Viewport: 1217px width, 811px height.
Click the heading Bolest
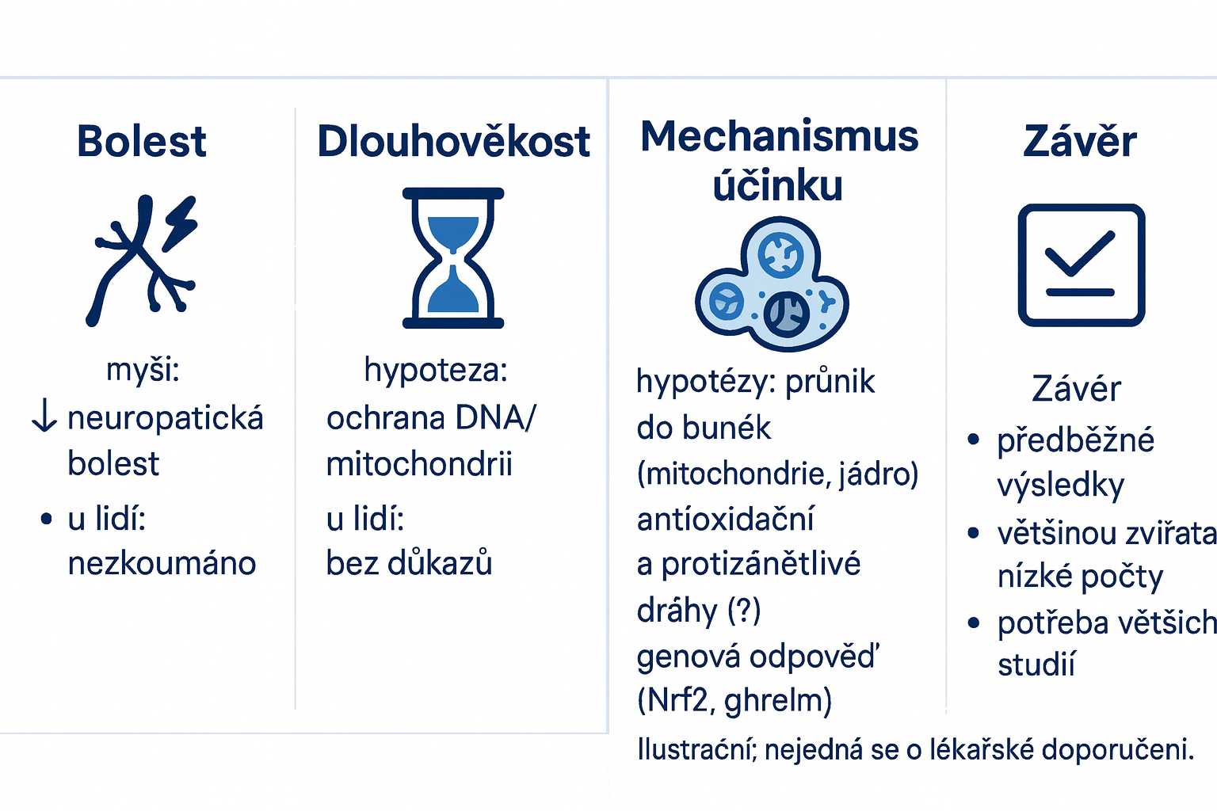[x=141, y=141]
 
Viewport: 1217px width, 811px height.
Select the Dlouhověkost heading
[x=453, y=141]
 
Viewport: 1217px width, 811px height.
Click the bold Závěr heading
[x=1080, y=140]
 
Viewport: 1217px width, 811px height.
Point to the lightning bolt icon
[x=181, y=223]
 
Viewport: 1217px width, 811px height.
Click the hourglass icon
[x=453, y=258]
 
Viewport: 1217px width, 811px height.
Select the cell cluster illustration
[x=772, y=284]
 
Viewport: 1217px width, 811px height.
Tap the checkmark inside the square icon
[x=1080, y=253]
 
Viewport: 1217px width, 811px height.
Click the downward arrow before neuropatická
[x=44, y=414]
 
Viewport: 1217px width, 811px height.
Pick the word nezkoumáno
[x=162, y=563]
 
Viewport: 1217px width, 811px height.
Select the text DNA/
[x=495, y=417]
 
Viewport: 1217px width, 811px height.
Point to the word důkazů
[x=440, y=563]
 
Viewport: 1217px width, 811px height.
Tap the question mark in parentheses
[x=744, y=610]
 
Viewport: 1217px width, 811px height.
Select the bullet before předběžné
[x=973, y=439]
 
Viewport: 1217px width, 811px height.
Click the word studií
[x=1036, y=664]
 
